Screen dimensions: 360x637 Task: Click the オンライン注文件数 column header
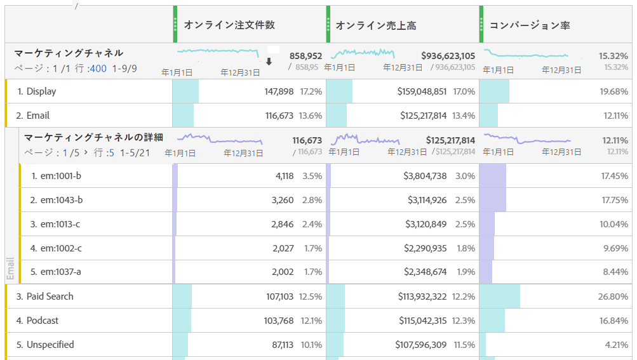coord(229,25)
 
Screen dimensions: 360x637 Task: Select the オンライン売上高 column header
coord(376,25)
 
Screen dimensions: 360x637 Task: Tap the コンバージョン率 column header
coord(530,25)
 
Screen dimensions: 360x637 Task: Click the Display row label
coord(41,91)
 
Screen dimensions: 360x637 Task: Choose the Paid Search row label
coord(50,297)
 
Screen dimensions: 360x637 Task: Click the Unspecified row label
coord(50,345)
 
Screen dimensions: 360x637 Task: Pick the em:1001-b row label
coord(61,176)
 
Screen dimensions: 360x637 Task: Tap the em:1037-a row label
coord(61,272)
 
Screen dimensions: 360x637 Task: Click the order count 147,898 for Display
coord(279,91)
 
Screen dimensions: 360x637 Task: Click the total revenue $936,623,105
coord(448,56)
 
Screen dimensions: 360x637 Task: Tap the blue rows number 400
coord(98,68)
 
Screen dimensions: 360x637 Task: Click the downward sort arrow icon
coord(269,62)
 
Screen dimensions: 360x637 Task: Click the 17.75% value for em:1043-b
coord(614,200)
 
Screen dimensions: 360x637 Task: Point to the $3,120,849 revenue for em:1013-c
coord(426,224)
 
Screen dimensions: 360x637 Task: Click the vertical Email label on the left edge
coord(10,269)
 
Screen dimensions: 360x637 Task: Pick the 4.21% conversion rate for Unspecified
coord(615,345)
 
